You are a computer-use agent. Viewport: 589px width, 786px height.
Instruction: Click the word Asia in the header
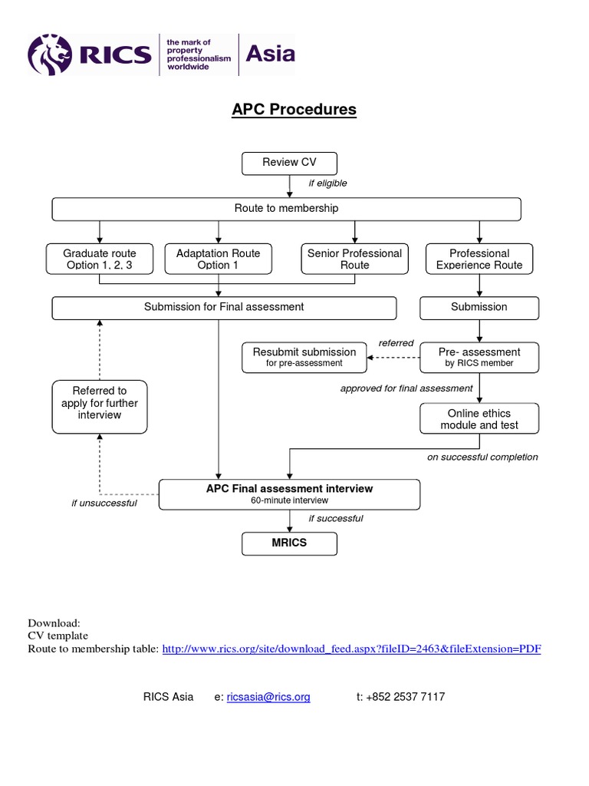269,54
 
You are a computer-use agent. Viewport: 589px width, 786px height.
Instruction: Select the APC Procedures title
294,110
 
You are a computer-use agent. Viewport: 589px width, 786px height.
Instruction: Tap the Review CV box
289,163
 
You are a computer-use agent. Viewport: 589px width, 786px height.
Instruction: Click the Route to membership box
286,209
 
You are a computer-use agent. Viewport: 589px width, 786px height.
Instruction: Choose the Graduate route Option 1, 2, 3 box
100,259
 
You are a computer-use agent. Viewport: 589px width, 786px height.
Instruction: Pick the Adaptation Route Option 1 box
219,259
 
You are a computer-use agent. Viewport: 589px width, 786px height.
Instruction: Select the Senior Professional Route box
354,259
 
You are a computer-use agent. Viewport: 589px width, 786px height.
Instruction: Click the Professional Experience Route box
479,259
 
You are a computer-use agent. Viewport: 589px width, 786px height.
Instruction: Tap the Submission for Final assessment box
224,307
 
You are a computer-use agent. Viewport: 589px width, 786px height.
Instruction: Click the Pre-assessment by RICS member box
479,357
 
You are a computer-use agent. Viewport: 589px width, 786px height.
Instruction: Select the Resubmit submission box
304,357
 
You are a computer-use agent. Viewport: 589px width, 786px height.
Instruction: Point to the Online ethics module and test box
479,419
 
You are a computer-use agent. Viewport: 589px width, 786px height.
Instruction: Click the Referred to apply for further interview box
100,404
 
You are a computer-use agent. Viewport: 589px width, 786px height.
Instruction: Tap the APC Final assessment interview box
289,494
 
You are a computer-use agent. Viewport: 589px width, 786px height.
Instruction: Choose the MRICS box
289,543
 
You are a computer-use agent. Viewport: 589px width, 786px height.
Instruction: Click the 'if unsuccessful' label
104,504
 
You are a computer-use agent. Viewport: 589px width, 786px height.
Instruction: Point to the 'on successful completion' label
482,457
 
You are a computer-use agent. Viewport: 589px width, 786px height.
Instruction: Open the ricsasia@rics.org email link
268,697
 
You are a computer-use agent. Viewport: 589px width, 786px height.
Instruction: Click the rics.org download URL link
352,649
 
